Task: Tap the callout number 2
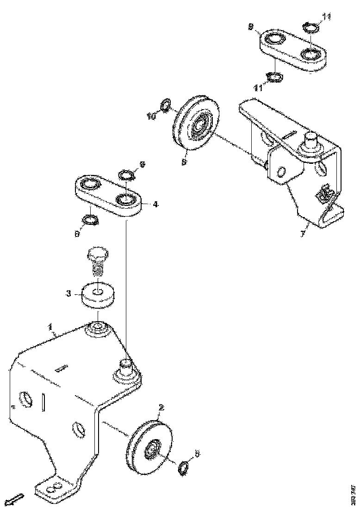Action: pos(161,407)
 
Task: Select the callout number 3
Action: pos(68,293)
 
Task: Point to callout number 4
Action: pos(155,204)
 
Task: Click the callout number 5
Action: pos(197,454)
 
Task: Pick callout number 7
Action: pos(303,234)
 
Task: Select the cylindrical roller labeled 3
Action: pos(99,294)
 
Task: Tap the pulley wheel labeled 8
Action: pos(197,124)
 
